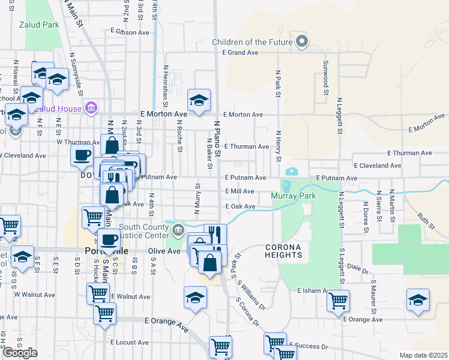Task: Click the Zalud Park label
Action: [38, 25]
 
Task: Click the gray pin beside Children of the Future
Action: [303, 41]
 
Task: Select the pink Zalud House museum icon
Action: [91, 108]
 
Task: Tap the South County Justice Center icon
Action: [178, 229]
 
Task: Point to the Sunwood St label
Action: [326, 77]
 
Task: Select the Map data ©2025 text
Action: [423, 355]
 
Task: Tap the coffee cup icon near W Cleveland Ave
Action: [82, 155]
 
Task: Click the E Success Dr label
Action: [308, 346]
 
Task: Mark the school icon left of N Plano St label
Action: [199, 100]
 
